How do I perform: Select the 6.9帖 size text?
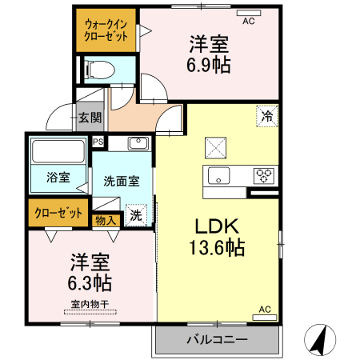click(210, 65)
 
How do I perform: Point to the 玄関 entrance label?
click(90, 118)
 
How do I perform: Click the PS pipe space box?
click(98, 142)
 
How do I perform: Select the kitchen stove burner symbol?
click(265, 175)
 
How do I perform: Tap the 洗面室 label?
click(121, 181)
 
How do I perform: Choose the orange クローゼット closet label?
click(58, 213)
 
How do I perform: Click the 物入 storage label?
click(106, 219)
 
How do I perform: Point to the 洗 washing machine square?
click(137, 215)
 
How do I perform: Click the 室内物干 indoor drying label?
click(89, 303)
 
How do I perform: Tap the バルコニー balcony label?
click(217, 339)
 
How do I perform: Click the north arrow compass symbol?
click(320, 340)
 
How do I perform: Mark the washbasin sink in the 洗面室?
click(138, 144)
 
